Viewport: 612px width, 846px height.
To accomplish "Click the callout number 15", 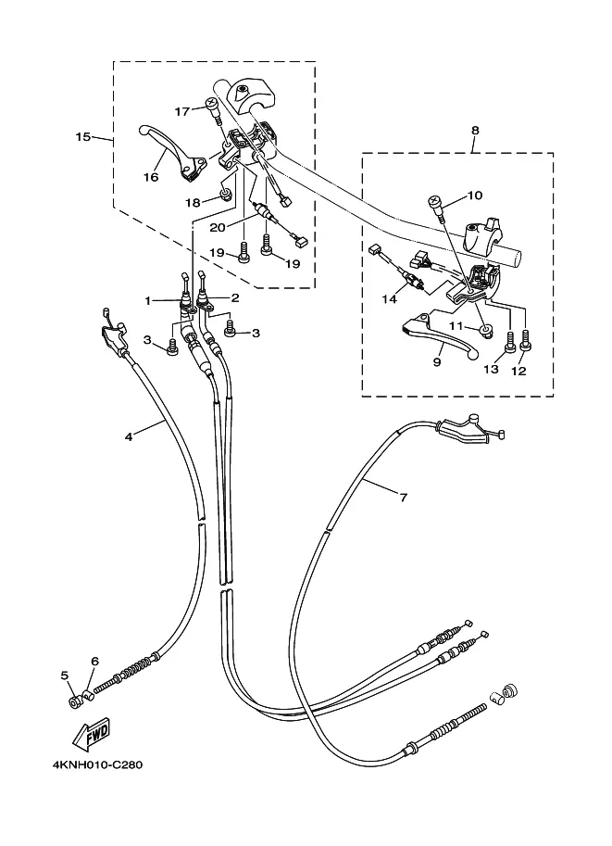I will pyautogui.click(x=82, y=137).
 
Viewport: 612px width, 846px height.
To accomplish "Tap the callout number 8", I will pyautogui.click(x=475, y=131).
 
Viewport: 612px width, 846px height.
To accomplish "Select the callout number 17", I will pyautogui.click(x=182, y=111).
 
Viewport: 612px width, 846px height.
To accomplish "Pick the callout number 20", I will pyautogui.click(x=219, y=227).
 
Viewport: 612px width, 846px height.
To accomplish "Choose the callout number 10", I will pyautogui.click(x=475, y=196).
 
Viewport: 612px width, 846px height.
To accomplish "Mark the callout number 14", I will pyautogui.click(x=389, y=299).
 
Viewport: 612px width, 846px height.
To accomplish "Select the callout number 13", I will pyautogui.click(x=491, y=369).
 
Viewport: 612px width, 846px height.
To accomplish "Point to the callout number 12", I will pyautogui.click(x=518, y=371).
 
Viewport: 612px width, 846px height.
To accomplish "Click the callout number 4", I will pyautogui.click(x=129, y=436).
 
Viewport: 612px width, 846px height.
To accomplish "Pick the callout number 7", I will pyautogui.click(x=404, y=498).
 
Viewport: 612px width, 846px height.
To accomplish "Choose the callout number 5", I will pyautogui.click(x=66, y=676).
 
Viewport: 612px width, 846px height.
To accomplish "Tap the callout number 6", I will pyautogui.click(x=94, y=661).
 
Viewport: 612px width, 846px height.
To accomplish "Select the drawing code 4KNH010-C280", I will pyautogui.click(x=91, y=765).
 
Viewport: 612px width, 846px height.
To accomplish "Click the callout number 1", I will pyautogui.click(x=146, y=299).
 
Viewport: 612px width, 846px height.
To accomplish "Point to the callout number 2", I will pyautogui.click(x=235, y=298).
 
